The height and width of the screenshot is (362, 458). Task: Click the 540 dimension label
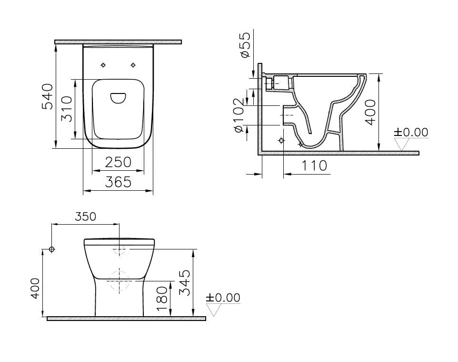click(x=48, y=97)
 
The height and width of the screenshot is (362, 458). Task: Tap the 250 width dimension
click(x=118, y=162)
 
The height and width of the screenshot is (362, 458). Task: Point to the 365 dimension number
click(x=118, y=182)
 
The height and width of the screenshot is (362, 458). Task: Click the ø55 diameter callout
click(x=245, y=46)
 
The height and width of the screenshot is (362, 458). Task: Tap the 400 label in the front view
click(x=35, y=288)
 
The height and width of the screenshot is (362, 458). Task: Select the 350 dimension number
click(x=85, y=216)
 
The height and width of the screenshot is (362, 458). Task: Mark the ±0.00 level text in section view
click(x=411, y=132)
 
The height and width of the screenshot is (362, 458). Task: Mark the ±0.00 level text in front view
click(x=223, y=298)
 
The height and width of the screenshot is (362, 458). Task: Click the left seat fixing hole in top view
click(x=103, y=65)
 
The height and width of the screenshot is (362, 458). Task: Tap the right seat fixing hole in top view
click(x=133, y=65)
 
